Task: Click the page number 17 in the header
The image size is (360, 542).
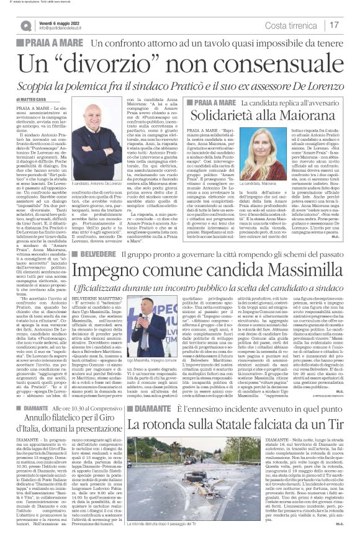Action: coord(334,25)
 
